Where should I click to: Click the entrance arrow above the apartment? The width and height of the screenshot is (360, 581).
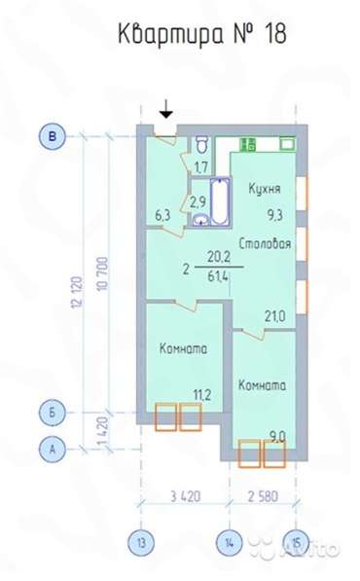coord(166,110)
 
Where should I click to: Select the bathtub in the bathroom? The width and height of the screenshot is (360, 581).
coord(220,201)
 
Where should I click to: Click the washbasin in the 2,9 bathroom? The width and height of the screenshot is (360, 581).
coord(201,220)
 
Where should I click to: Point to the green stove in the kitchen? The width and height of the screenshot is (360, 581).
coord(248,144)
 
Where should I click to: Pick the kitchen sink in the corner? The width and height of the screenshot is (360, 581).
coord(287,144)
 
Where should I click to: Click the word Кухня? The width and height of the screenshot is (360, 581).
coord(264,188)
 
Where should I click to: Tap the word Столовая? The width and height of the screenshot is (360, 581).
coord(265,243)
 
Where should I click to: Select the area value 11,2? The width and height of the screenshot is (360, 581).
coord(202,395)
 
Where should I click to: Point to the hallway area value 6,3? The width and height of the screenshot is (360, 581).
coord(162,215)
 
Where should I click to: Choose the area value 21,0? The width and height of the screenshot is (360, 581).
coord(274,316)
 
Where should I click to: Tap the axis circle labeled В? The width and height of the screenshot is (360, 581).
coord(53,136)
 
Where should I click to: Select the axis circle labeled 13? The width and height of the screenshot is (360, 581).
coord(141,543)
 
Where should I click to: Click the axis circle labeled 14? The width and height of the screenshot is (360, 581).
coord(230,543)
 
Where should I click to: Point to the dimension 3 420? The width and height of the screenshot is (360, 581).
coord(185,495)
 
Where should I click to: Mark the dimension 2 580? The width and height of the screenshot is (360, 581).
coord(263,495)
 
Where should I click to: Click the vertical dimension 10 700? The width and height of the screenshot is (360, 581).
coord(102,273)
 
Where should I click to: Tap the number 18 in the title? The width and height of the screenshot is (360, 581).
coord(275,34)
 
